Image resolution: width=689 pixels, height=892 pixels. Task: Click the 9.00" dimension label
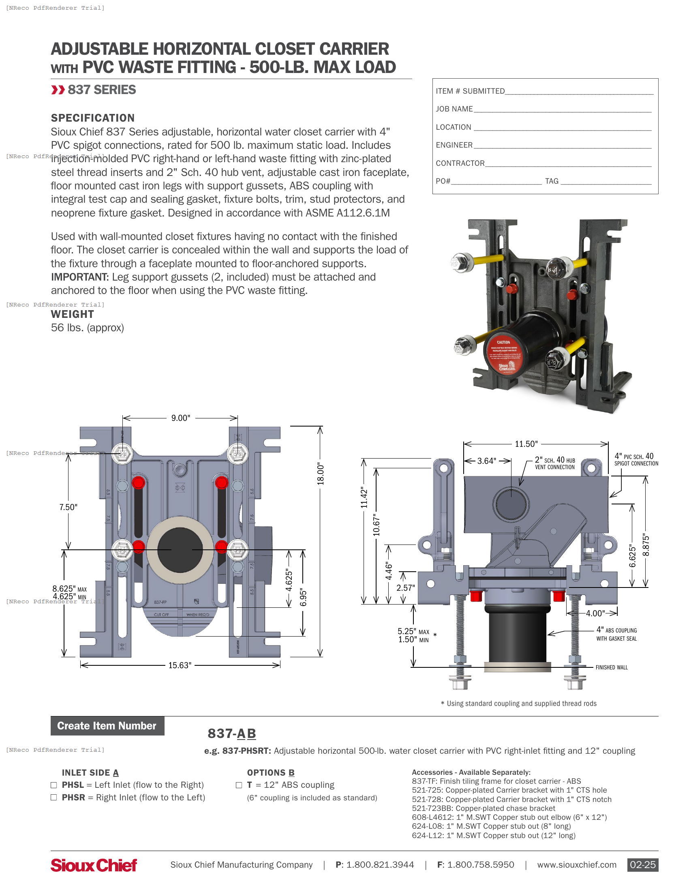tap(180, 418)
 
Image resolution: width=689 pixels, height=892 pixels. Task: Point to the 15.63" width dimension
tap(180, 665)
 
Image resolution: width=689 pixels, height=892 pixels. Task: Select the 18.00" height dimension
tap(321, 474)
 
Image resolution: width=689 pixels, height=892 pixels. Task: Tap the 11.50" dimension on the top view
tap(526, 444)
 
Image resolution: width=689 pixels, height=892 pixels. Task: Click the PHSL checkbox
tap(53, 785)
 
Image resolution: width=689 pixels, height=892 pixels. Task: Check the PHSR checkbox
tap(53, 798)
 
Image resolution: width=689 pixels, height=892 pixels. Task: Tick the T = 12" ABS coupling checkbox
tap(239, 785)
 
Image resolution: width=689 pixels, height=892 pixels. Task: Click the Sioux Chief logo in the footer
tap(94, 865)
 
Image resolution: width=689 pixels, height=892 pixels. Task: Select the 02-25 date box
tap(642, 865)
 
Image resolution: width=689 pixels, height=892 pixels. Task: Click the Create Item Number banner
tap(107, 726)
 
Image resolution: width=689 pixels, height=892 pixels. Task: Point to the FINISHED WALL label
tap(612, 667)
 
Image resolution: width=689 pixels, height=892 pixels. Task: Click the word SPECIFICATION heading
tap(93, 118)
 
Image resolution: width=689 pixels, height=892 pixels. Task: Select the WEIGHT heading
tap(72, 314)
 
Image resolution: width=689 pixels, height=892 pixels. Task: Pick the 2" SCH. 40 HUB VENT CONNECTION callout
tap(555, 463)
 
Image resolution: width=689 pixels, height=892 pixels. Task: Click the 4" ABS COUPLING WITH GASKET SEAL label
tap(616, 634)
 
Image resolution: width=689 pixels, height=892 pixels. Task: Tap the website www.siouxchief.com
tap(576, 865)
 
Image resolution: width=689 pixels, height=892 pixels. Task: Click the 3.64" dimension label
tap(486, 461)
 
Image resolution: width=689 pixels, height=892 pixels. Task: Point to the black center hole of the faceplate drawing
tap(180, 549)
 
